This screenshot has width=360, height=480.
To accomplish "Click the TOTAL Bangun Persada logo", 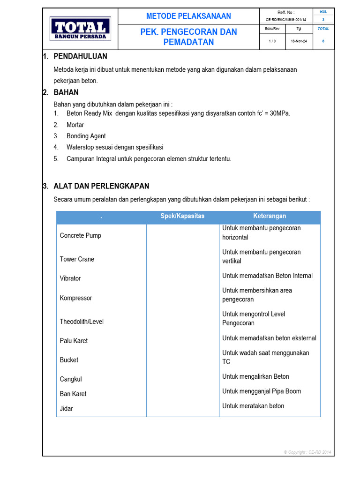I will point(80,29).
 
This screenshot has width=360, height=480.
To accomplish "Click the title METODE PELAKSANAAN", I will point(188,16).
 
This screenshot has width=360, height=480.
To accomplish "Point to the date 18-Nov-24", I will point(299,41).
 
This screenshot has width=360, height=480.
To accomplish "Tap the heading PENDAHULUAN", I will point(80,56).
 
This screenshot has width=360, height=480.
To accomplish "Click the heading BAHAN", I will point(66,92).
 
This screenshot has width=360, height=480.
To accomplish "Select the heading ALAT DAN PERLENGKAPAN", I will point(101,186).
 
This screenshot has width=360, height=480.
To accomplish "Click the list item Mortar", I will point(75,125).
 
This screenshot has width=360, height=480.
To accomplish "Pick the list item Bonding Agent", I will point(86,136).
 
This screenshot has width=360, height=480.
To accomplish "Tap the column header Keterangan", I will point(270,216).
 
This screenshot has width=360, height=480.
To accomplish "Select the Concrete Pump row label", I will point(80,235).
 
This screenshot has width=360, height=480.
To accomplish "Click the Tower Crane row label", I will point(77,259).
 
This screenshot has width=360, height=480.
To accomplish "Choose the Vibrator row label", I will point(70,278).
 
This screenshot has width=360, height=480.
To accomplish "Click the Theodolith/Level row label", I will point(82,322).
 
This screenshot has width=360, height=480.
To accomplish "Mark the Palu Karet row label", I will point(74,341).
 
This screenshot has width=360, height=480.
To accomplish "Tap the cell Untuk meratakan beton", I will point(253,406).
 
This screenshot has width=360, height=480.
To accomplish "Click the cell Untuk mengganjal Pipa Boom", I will point(262,391).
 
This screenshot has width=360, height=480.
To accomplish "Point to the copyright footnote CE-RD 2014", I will point(307,452).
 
